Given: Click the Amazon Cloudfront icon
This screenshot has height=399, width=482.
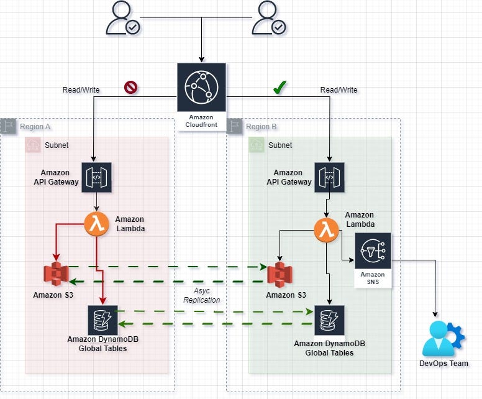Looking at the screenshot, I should coord(199,88).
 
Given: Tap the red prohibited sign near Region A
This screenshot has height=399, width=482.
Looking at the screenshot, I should coord(131,88).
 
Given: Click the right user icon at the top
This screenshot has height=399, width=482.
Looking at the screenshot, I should coord(269,18).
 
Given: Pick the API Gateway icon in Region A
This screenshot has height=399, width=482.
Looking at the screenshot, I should coord(96,177).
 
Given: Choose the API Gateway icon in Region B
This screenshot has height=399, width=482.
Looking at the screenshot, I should coord(329,177).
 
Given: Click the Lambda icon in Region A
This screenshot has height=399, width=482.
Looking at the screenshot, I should coord(96,224).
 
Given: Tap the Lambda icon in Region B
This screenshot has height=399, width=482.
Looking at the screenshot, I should coord(325,230).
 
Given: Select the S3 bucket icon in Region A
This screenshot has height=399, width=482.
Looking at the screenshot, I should coord(56,274).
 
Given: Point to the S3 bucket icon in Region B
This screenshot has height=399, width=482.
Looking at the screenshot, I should coord(280,274).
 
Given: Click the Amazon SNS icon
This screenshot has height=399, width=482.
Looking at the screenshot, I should coord(373,251).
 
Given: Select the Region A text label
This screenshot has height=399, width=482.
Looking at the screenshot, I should coord(35,127).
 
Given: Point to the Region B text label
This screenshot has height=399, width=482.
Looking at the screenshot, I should coord(261,127).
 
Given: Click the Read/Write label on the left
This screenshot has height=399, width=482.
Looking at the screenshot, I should coord(81,90).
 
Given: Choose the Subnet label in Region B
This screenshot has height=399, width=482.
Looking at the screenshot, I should coord(280,145).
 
